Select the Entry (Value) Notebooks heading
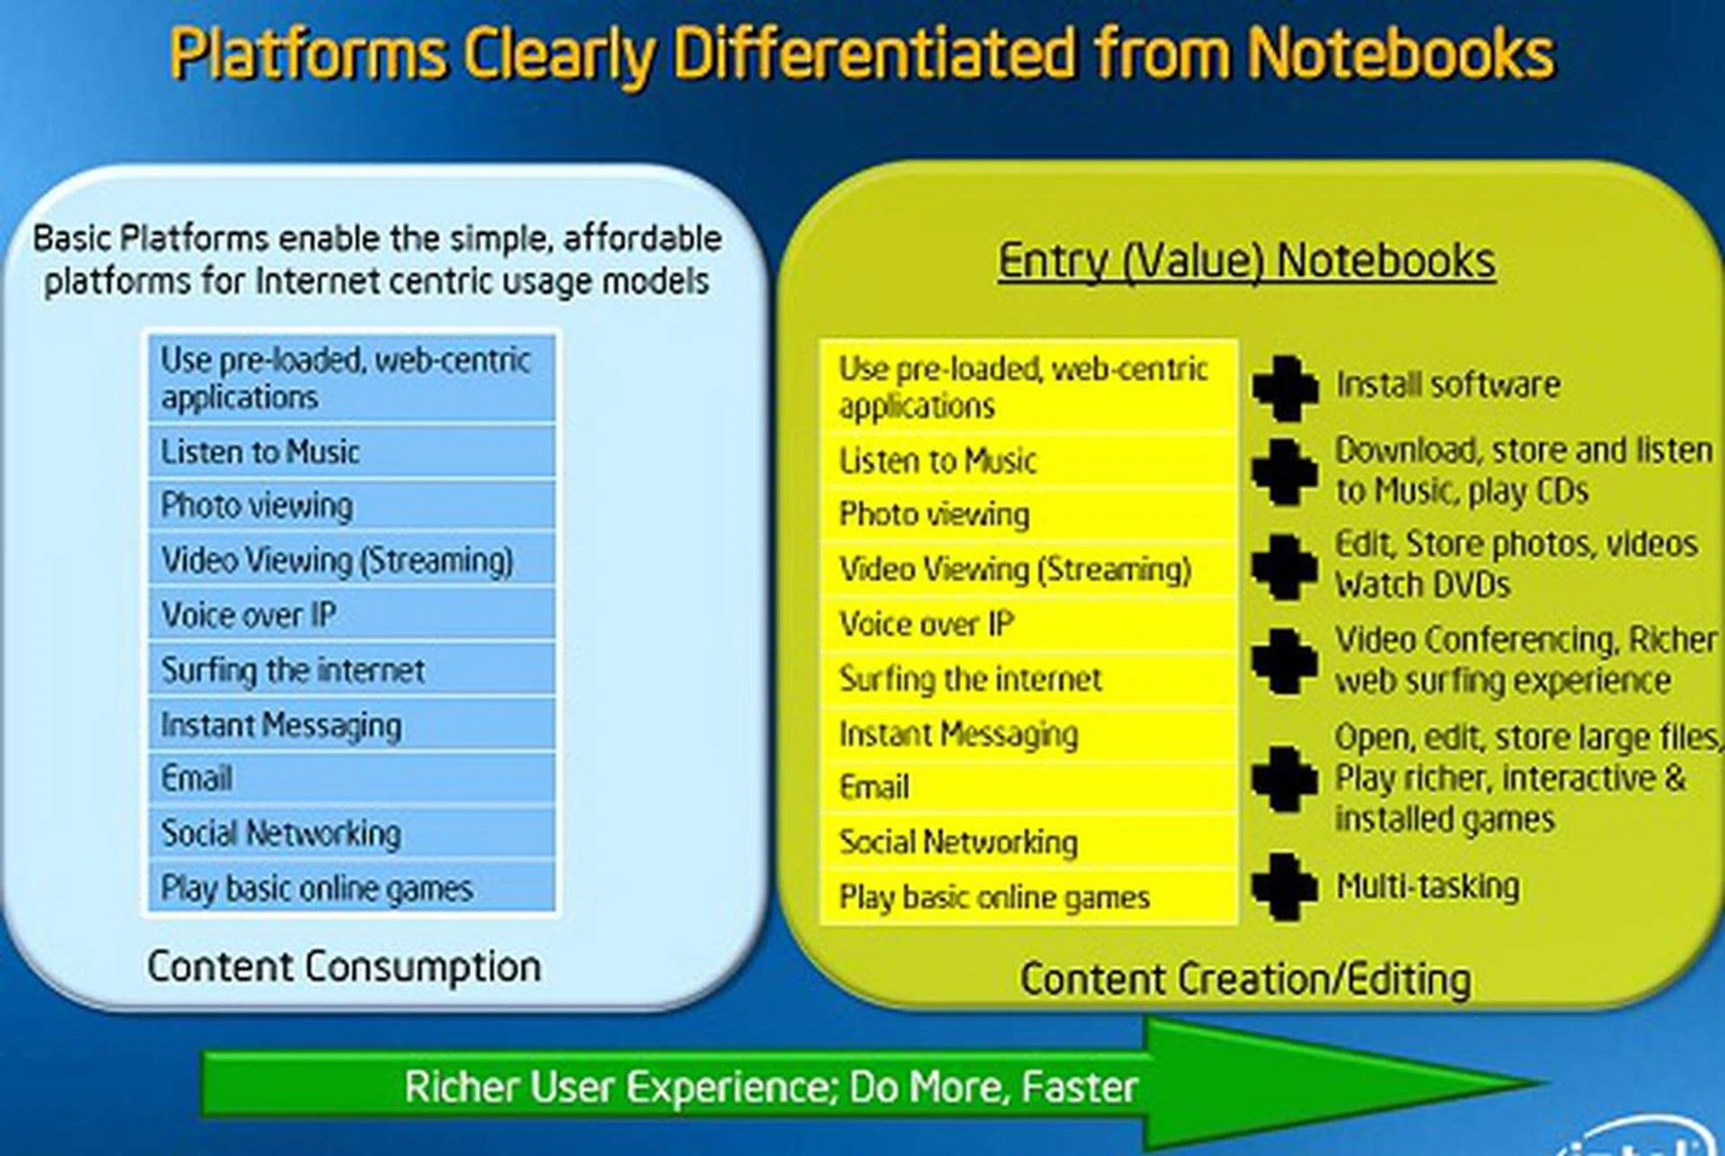coord(1247,261)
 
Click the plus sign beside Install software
coord(1286,388)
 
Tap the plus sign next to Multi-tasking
coord(1286,886)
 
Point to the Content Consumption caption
coord(344,967)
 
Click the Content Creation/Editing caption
coord(1246,979)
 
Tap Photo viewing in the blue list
coord(257,506)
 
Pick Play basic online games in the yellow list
coord(995,897)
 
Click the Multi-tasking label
coord(1428,886)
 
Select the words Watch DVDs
coord(1423,585)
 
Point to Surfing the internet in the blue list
coord(293,671)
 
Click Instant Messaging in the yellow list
coord(959,734)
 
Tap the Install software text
coord(1447,385)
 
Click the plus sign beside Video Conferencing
coord(1286,661)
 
